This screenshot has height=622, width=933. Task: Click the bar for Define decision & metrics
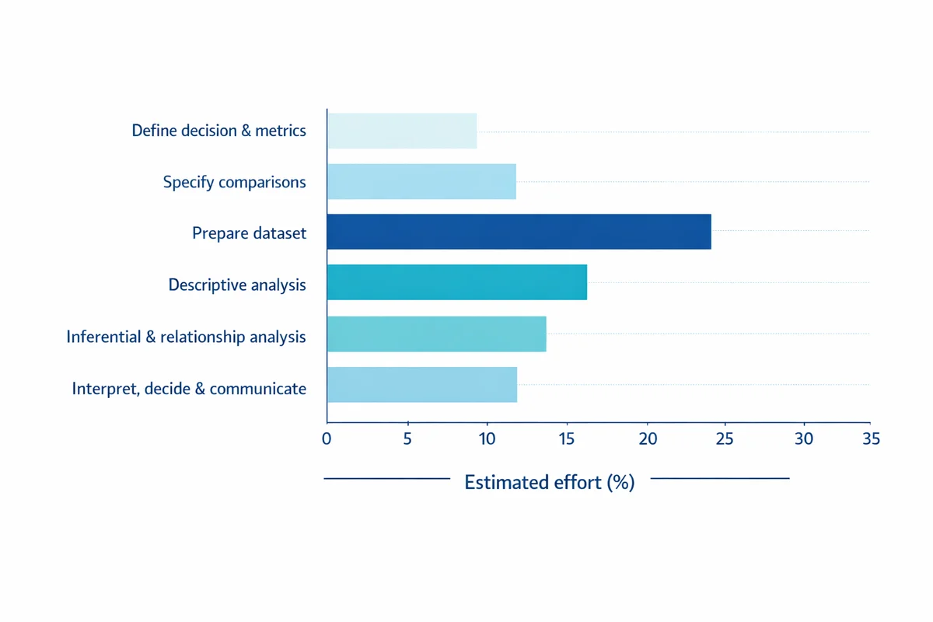402,131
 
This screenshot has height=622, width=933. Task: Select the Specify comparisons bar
421,181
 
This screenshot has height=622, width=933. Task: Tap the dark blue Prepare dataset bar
519,232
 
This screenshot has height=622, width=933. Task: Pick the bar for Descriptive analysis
457,282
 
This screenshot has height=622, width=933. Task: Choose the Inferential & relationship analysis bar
436,334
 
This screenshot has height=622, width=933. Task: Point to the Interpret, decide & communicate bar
422,385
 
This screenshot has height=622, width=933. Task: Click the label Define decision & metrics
218,131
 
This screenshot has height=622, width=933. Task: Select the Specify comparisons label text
234,182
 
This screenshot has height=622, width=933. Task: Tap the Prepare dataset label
249,232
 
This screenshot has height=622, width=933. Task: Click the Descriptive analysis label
237,285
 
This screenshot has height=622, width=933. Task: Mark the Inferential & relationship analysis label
186,337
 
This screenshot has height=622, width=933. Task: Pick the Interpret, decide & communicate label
189,388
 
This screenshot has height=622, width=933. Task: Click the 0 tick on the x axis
327,439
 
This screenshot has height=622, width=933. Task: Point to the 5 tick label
407,439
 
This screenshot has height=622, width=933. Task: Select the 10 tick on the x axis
487,439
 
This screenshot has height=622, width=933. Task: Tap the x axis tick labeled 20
647,439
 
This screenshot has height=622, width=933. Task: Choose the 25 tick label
725,439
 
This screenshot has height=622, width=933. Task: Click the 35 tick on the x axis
871,439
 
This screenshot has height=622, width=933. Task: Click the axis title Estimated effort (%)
550,482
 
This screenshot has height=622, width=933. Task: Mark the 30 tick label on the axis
803,439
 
